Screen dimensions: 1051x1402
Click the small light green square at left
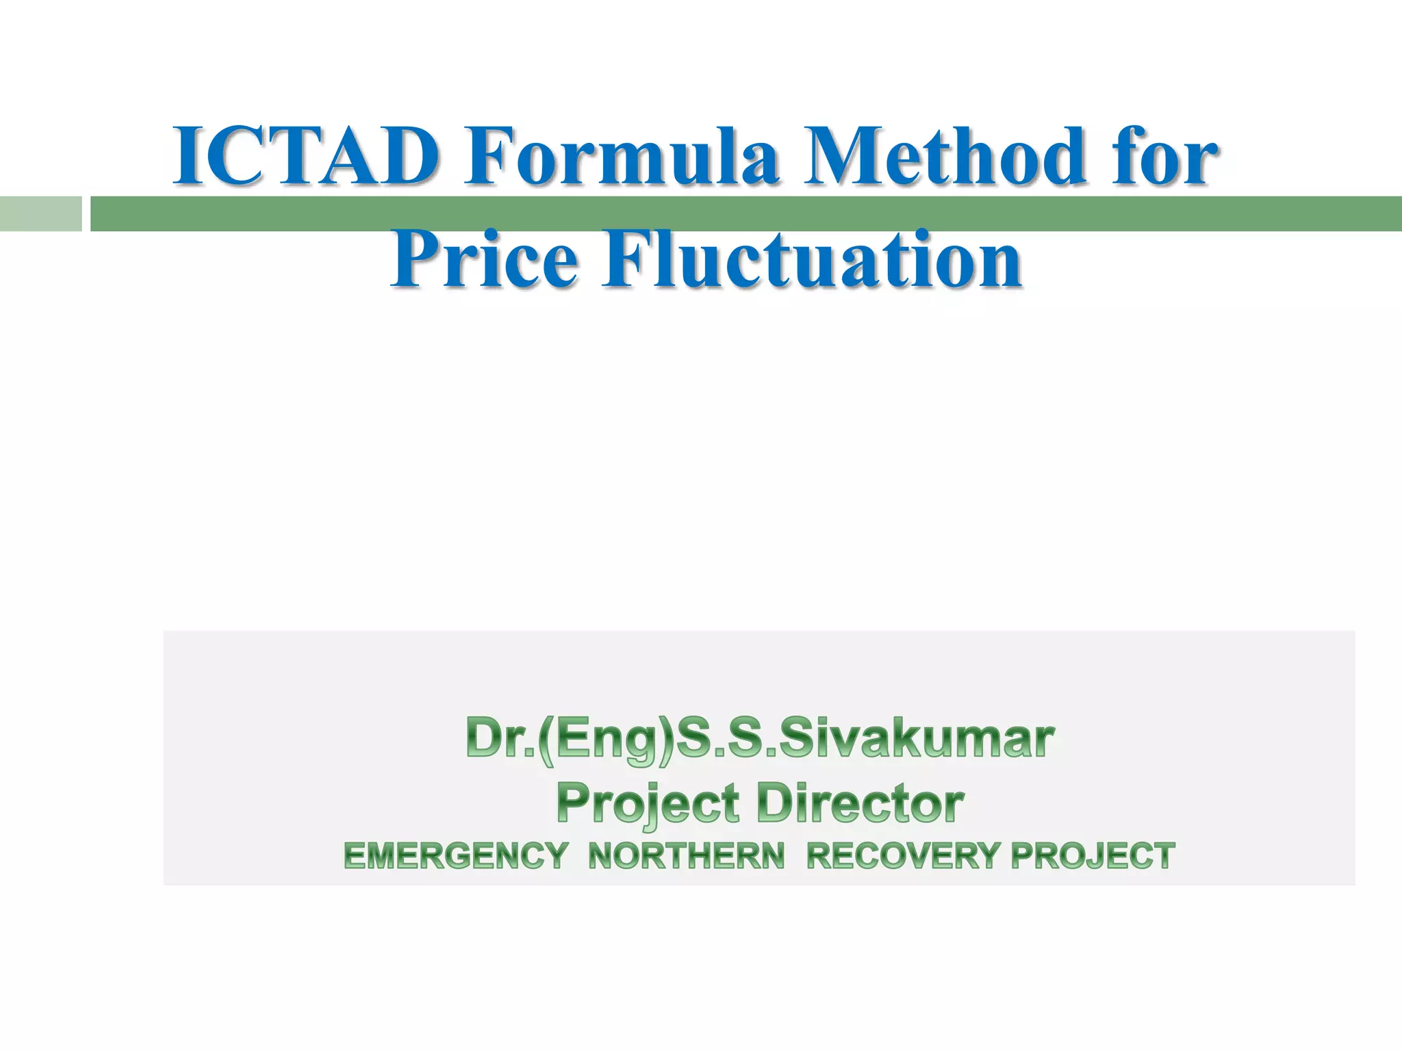click(40, 213)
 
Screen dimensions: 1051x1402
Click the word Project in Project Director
click(648, 804)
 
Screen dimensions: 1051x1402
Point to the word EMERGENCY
click(456, 856)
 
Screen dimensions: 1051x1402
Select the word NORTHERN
click(687, 856)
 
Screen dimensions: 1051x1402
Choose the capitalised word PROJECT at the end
click(1093, 856)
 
